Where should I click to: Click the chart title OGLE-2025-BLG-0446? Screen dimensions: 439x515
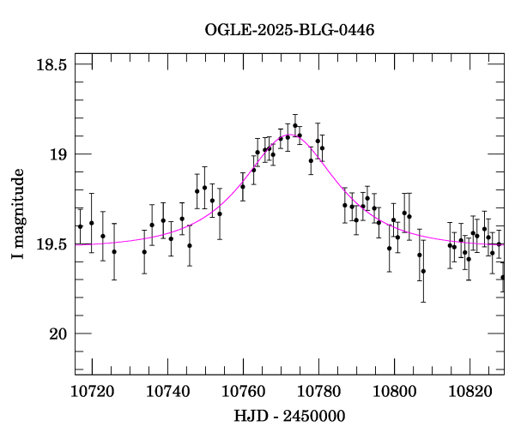289,30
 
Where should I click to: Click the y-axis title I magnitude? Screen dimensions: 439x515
18,214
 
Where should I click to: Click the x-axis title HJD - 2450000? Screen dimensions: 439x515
289,416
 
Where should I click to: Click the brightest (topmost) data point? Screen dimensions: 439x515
295,125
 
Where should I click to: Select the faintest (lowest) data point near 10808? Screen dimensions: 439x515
423,271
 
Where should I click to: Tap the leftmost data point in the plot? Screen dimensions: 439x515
80,226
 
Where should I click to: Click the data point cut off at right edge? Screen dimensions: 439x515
503,277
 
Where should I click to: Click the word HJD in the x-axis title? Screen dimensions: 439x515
250,416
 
